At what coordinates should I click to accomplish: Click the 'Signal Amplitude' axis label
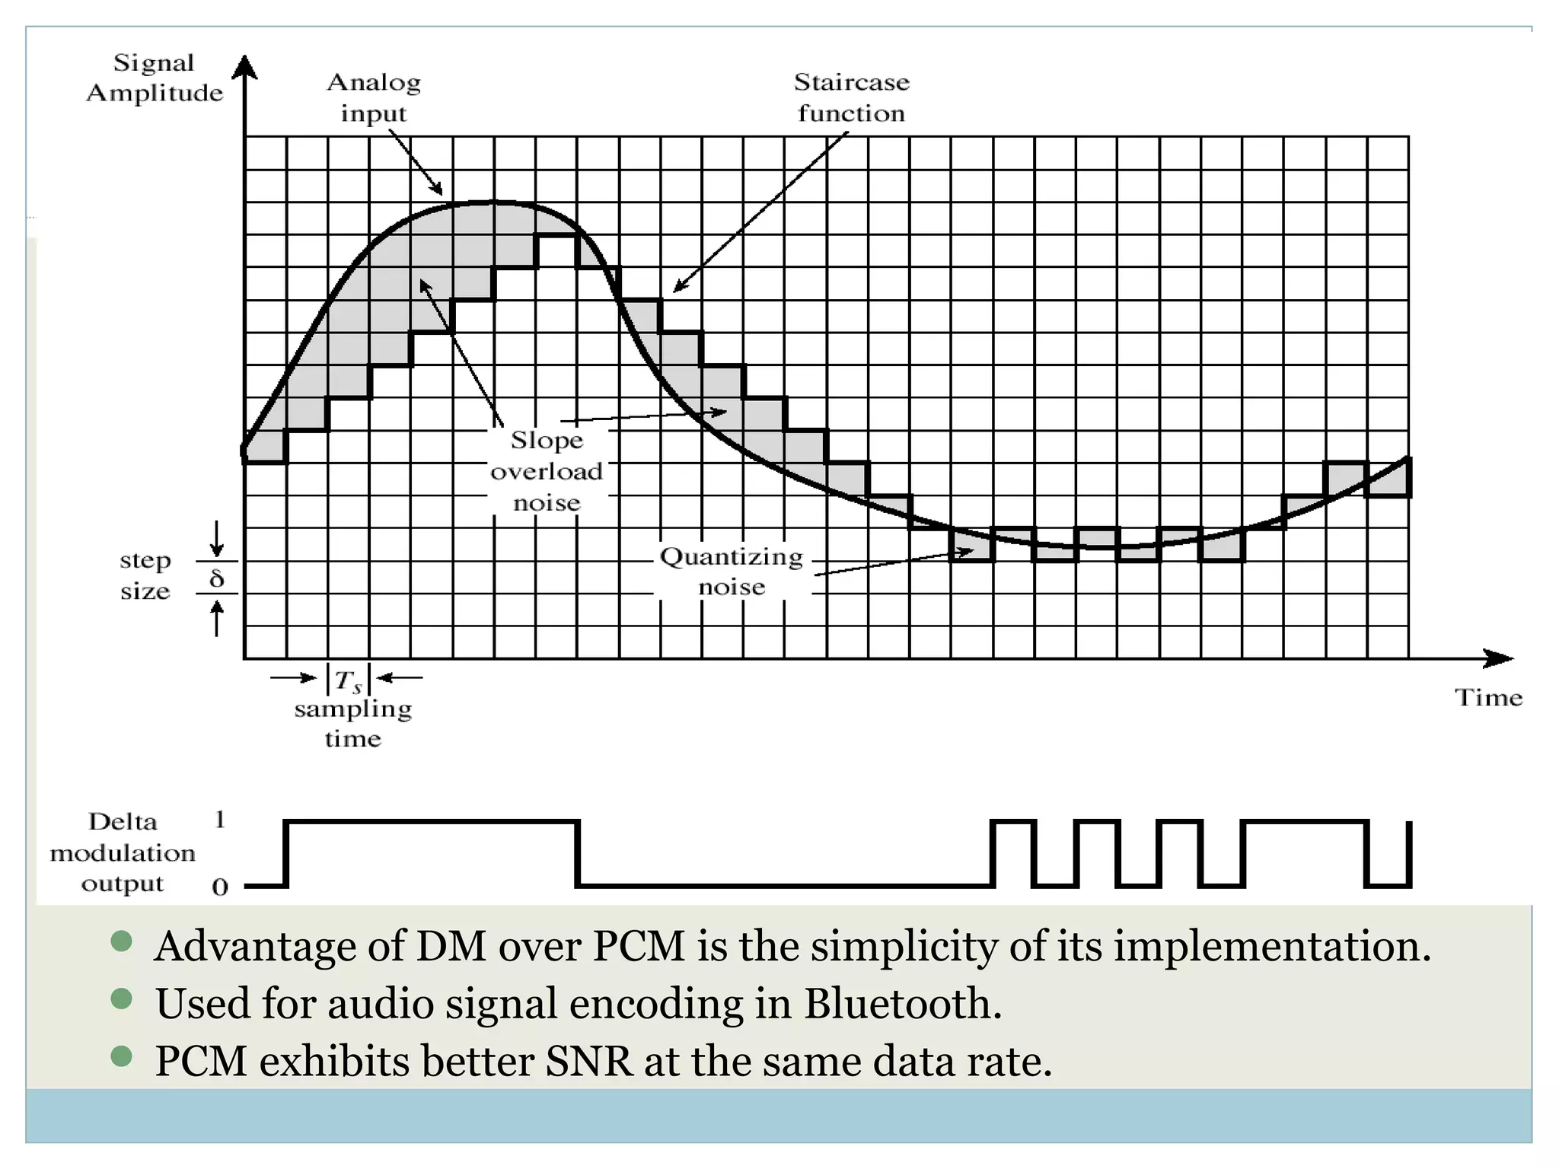(x=155, y=78)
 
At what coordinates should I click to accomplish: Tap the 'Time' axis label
(x=1488, y=698)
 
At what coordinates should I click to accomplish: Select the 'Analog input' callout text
(x=374, y=97)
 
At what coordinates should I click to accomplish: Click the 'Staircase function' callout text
(x=851, y=97)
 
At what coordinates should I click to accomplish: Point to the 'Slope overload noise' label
(x=547, y=471)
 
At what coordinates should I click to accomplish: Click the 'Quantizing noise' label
(x=732, y=572)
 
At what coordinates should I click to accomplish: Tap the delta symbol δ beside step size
(x=217, y=579)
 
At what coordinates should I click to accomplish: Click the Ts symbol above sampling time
(x=349, y=680)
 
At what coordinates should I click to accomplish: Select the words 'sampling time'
(x=353, y=724)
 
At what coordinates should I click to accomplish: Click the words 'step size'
(x=145, y=575)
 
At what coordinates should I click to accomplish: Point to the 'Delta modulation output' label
(x=123, y=852)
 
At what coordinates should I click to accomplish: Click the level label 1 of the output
(x=220, y=820)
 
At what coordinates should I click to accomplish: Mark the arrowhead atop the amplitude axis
(x=244, y=67)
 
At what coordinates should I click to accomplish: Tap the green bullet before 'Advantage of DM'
(x=122, y=941)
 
